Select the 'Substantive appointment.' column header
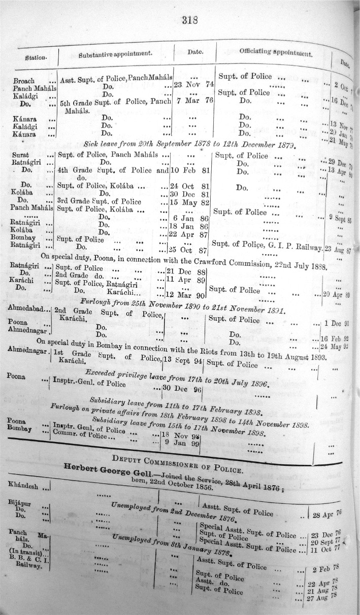point(115,53)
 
